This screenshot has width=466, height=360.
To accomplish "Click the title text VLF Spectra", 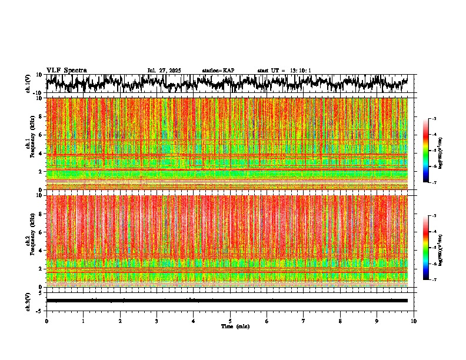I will pyautogui.click(x=66, y=70).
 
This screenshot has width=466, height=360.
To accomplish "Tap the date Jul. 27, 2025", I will pyautogui.click(x=164, y=71).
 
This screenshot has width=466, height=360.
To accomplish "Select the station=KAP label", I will pyautogui.click(x=218, y=71).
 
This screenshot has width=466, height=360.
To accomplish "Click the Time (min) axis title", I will pyautogui.click(x=235, y=326).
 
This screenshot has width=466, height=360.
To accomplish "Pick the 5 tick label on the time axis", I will pyautogui.click(x=230, y=321).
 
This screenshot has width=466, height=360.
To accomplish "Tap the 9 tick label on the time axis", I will pyautogui.click(x=377, y=321).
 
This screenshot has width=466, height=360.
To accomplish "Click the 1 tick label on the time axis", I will pyautogui.click(x=83, y=321).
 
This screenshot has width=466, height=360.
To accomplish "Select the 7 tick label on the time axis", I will pyautogui.click(x=304, y=321).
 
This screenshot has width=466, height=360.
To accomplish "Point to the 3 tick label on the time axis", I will pyautogui.click(x=157, y=321).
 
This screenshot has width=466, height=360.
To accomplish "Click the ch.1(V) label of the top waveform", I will pyautogui.click(x=28, y=84).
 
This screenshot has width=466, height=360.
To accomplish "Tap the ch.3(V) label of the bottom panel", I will pyautogui.click(x=28, y=301).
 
